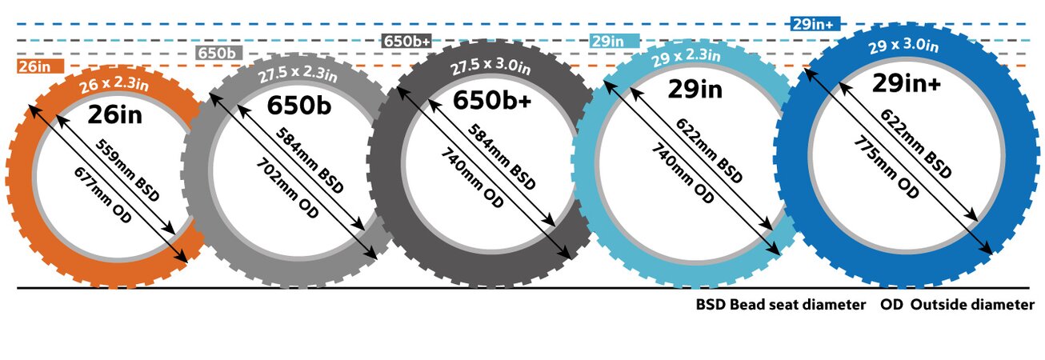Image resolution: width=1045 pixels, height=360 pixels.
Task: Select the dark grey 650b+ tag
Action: (x=407, y=41)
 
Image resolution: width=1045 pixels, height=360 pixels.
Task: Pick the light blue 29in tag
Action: (x=614, y=41)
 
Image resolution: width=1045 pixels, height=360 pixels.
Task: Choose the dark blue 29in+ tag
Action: (x=814, y=24)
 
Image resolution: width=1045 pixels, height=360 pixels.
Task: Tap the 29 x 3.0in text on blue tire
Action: (x=903, y=46)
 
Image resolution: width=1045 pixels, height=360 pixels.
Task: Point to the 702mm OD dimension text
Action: (x=286, y=185)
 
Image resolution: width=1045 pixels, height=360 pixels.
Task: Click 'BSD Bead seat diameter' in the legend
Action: (x=780, y=305)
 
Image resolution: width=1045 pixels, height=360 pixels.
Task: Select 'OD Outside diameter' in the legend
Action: (x=957, y=305)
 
